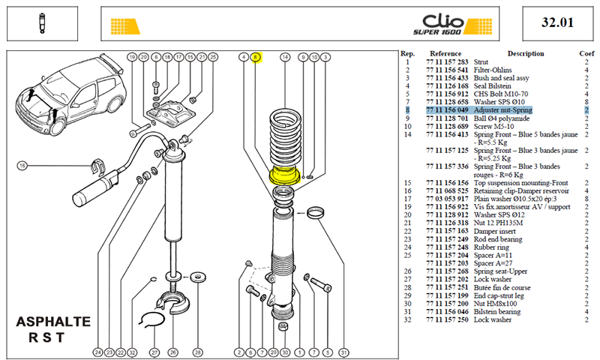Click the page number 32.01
point(557,22)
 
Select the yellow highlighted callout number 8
point(256,58)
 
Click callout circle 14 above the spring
point(285,58)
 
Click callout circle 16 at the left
point(22,166)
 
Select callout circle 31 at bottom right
point(344,352)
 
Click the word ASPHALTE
point(53,322)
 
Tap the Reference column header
point(445,53)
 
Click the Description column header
point(526,53)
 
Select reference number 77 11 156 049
point(447,110)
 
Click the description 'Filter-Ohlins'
point(493,70)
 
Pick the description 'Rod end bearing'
point(498,239)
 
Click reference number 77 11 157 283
point(447,62)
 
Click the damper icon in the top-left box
point(42,23)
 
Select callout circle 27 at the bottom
point(154,352)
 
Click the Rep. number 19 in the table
point(407,207)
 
